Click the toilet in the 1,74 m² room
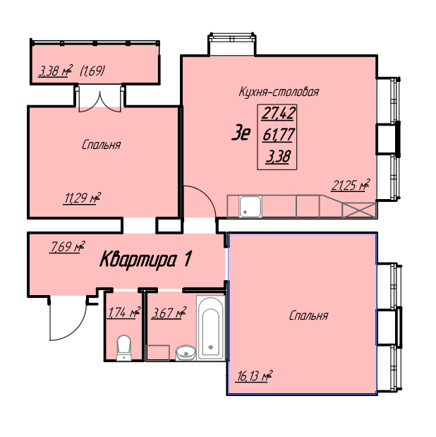pos(123,348)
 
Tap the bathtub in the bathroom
pos(211,328)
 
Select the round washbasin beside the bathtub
pos(186,352)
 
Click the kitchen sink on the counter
pos(250,207)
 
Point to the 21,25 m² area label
pos(351,186)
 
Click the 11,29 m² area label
pos(82,198)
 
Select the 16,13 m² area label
pos(254,376)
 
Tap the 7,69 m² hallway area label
pos(67,247)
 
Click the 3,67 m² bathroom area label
pos(169,313)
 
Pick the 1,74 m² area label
pos(123,313)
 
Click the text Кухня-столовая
pos(279,92)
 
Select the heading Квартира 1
pos(145,260)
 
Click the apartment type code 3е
pos(241,133)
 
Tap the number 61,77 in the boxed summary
pos(278,135)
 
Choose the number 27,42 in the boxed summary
pos(278,114)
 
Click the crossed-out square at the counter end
pos(359,210)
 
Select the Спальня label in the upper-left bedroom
pos(101,145)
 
